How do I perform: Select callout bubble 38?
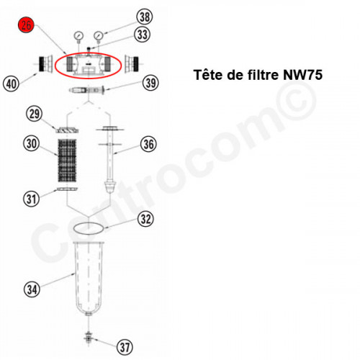pyautogui.click(x=145, y=17)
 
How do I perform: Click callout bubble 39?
pyautogui.click(x=150, y=84)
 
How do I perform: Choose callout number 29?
pyautogui.click(x=32, y=113)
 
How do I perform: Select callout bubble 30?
pyautogui.click(x=30, y=144)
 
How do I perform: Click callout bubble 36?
pyautogui.click(x=147, y=144)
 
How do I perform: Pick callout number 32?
pyautogui.click(x=145, y=218)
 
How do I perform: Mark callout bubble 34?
pyautogui.click(x=31, y=289)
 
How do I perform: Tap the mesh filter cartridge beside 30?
pyautogui.click(x=71, y=163)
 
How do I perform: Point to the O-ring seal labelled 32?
pyautogui.click(x=91, y=229)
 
